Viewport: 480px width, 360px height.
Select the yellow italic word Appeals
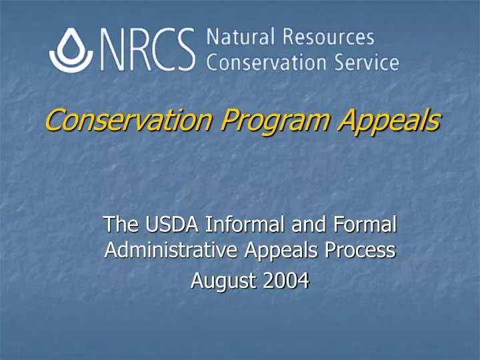pos(386,121)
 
